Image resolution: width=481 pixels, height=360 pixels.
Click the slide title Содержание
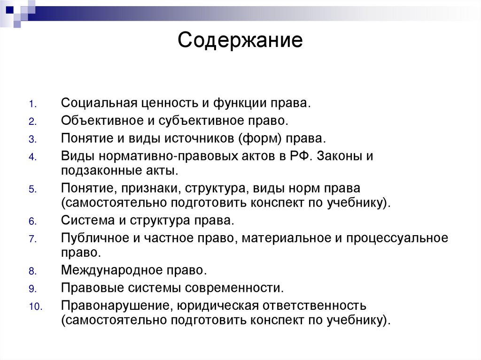coord(240,40)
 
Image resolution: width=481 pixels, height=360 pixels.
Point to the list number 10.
coord(35,307)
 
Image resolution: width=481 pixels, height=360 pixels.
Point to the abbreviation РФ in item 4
coord(301,156)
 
